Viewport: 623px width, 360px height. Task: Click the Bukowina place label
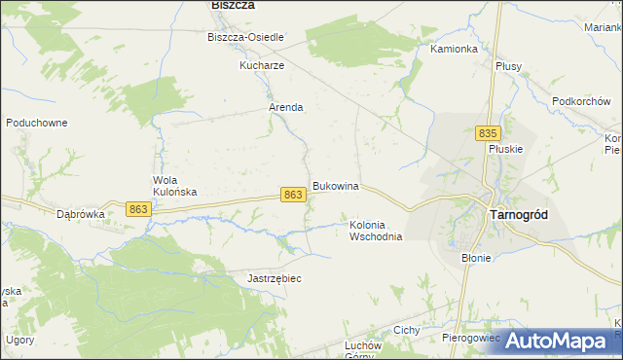tap(336, 186)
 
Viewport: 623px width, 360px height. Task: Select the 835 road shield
tap(489, 133)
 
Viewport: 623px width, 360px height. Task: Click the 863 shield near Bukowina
tap(293, 196)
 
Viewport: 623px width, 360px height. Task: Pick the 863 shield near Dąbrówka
tap(138, 209)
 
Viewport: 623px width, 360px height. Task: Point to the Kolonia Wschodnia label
tap(376, 231)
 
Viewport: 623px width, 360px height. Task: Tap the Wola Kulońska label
tap(175, 186)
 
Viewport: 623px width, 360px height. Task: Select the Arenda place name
tap(286, 108)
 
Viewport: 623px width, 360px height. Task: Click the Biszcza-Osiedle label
tap(245, 38)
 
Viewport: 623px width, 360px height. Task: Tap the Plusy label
tap(508, 66)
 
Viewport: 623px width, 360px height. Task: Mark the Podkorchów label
tap(580, 100)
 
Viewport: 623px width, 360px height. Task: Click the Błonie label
tap(476, 259)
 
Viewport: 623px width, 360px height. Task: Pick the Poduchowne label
tap(36, 124)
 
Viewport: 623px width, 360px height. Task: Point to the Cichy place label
tap(406, 331)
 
